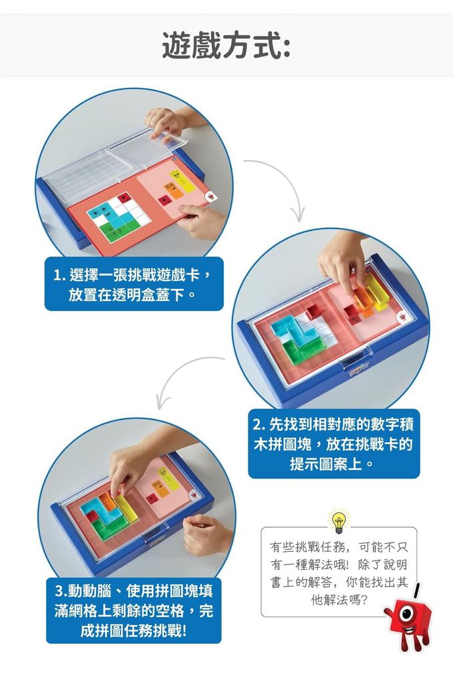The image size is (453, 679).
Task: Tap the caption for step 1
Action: coord(133,284)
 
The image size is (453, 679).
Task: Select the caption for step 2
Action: coord(334,443)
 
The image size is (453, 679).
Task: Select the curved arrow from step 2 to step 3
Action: coord(187,376)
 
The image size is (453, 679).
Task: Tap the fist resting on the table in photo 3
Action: coord(203,533)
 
